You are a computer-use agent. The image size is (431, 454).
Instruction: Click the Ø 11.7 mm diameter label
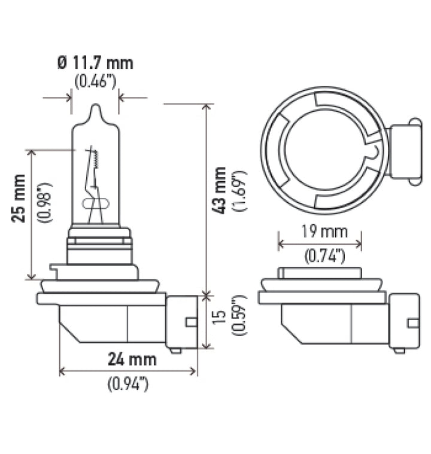pos(96,63)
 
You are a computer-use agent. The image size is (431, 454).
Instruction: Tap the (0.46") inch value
pos(96,81)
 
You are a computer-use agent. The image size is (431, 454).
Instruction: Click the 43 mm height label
pos(221,190)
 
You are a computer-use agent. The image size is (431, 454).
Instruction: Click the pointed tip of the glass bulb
pos(96,108)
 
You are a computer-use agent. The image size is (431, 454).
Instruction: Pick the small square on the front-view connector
pos(192,322)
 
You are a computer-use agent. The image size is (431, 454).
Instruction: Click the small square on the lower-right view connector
pos(412,323)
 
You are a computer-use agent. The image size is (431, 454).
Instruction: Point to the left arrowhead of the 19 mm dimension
pos(280,243)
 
